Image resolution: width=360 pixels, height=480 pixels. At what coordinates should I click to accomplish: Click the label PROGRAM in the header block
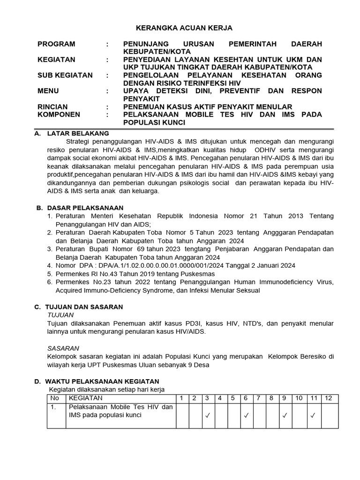pos(56,44)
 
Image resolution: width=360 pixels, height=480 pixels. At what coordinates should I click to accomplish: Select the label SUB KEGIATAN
pos(65,75)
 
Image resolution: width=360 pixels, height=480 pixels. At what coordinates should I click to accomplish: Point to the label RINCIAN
pos(52,107)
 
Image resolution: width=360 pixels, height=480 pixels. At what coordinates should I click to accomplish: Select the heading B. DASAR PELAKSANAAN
pos(80,208)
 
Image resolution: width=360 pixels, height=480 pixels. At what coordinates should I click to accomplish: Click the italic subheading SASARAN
pos(63,348)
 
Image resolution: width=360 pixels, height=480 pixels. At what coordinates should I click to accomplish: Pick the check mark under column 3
pos(207,415)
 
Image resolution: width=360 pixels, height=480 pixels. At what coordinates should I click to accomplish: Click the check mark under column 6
pos(245,415)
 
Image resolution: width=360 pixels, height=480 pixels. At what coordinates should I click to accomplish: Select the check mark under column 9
pos(284,415)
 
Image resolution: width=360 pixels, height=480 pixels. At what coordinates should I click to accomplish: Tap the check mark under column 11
pos(313,415)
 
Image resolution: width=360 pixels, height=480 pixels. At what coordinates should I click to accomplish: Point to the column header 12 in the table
pos(328,398)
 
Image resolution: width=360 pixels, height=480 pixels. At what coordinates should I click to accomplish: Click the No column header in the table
pos(55,398)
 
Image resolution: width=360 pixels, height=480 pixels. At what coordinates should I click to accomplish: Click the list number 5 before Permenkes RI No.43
pos(50,274)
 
